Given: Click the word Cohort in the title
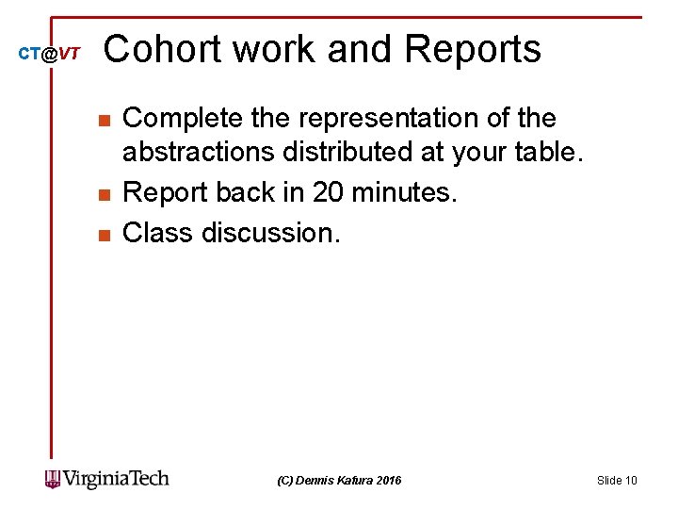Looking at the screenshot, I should tap(162, 49).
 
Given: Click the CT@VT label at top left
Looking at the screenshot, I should tap(50, 55).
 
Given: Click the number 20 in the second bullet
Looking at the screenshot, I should tap(330, 193).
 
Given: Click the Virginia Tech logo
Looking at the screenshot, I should tap(107, 479).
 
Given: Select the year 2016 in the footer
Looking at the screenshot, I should tap(387, 481).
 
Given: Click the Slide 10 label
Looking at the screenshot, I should tap(617, 481).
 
